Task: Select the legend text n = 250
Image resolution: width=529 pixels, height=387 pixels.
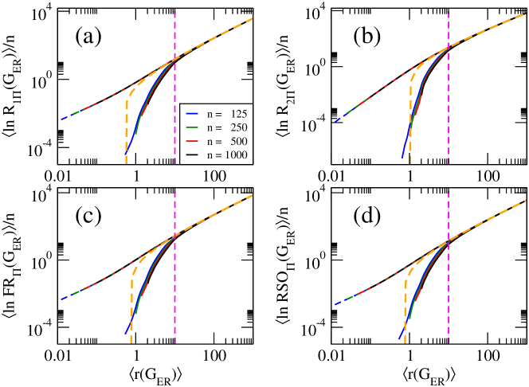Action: [227, 127]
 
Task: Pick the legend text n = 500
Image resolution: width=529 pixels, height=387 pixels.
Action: [227, 141]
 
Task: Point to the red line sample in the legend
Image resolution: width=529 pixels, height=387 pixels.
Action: [192, 141]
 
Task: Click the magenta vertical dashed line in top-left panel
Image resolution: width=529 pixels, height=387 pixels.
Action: [174, 32]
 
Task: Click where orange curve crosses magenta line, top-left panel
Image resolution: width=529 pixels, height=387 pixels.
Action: [174, 58]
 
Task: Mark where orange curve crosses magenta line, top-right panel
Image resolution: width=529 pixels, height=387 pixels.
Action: [449, 47]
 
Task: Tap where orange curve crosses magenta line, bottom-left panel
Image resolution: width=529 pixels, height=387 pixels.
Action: [174, 237]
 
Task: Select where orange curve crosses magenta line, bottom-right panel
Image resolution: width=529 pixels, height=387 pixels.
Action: [449, 240]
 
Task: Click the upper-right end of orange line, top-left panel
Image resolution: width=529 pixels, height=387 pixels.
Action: [253, 18]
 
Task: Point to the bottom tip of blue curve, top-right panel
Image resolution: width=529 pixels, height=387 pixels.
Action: [402, 158]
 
